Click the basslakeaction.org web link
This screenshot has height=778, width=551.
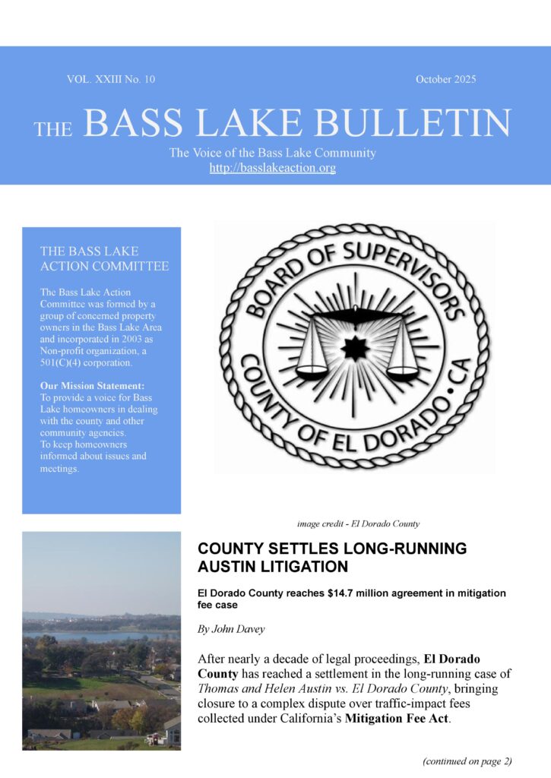(272, 168)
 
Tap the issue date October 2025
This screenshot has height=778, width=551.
(445, 79)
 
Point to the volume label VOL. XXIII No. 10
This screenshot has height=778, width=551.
(111, 79)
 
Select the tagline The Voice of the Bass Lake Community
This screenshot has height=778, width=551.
(272, 153)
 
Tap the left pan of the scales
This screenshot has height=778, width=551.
(311, 371)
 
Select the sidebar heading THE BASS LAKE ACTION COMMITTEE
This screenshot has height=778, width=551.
(104, 258)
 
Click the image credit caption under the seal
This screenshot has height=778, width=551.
(358, 523)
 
